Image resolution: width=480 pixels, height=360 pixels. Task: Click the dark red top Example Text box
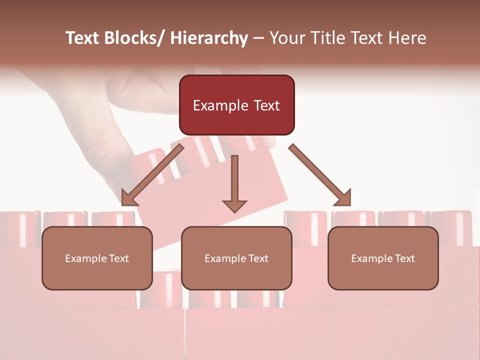pos(236,105)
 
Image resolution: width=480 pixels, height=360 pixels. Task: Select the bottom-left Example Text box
pos(97,258)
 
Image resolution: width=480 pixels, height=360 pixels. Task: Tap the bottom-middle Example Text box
pos(236,258)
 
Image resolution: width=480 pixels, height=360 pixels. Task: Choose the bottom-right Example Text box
pos(383,258)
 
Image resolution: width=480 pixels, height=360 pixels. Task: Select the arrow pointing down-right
pos(320,175)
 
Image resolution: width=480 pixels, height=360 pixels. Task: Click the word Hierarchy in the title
pos(208,38)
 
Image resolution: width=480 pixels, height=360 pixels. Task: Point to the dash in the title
pos(258,38)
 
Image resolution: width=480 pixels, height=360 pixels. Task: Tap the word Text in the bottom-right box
pos(404,258)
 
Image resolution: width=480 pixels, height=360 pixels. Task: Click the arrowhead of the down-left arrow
pos(129,197)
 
